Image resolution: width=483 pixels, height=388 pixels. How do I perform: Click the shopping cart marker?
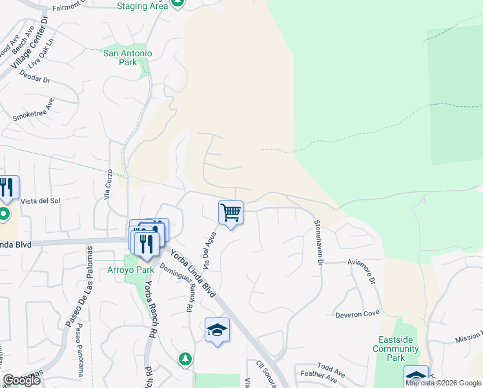(231, 213)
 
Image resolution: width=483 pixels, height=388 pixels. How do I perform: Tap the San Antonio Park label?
(128, 58)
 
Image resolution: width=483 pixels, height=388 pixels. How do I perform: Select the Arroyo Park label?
(127, 269)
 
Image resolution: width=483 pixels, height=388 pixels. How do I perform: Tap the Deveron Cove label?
(357, 314)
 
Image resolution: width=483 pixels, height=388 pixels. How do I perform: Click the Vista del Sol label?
(40, 201)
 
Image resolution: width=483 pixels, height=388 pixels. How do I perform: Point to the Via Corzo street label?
(109, 185)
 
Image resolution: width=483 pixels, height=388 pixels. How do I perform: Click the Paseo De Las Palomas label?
(76, 288)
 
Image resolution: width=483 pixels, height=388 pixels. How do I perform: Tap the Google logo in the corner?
(21, 380)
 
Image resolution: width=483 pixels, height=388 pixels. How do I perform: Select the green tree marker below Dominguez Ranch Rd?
(185, 358)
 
